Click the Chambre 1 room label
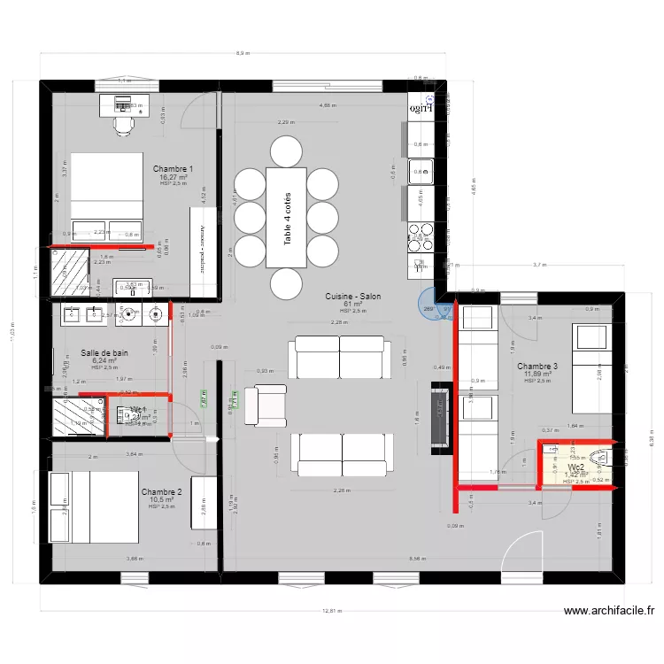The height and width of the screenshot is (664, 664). pyautogui.click(x=173, y=168)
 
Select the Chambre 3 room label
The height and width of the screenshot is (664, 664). pyautogui.click(x=537, y=367)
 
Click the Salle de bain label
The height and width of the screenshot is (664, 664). pyautogui.click(x=104, y=352)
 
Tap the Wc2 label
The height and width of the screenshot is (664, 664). pyautogui.click(x=575, y=467)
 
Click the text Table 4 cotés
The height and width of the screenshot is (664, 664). pyautogui.click(x=287, y=218)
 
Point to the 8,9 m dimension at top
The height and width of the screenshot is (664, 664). pyautogui.click(x=243, y=54)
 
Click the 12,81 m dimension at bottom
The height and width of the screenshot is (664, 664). pyautogui.click(x=332, y=610)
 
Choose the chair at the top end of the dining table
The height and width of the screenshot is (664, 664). pyautogui.click(x=285, y=150)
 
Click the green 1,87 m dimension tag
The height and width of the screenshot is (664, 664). pyautogui.click(x=204, y=399)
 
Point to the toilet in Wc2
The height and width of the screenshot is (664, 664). pyautogui.click(x=604, y=459)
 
